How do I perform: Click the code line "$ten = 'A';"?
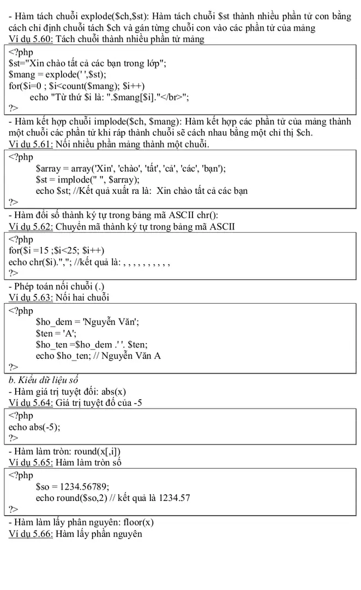click(56, 333)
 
